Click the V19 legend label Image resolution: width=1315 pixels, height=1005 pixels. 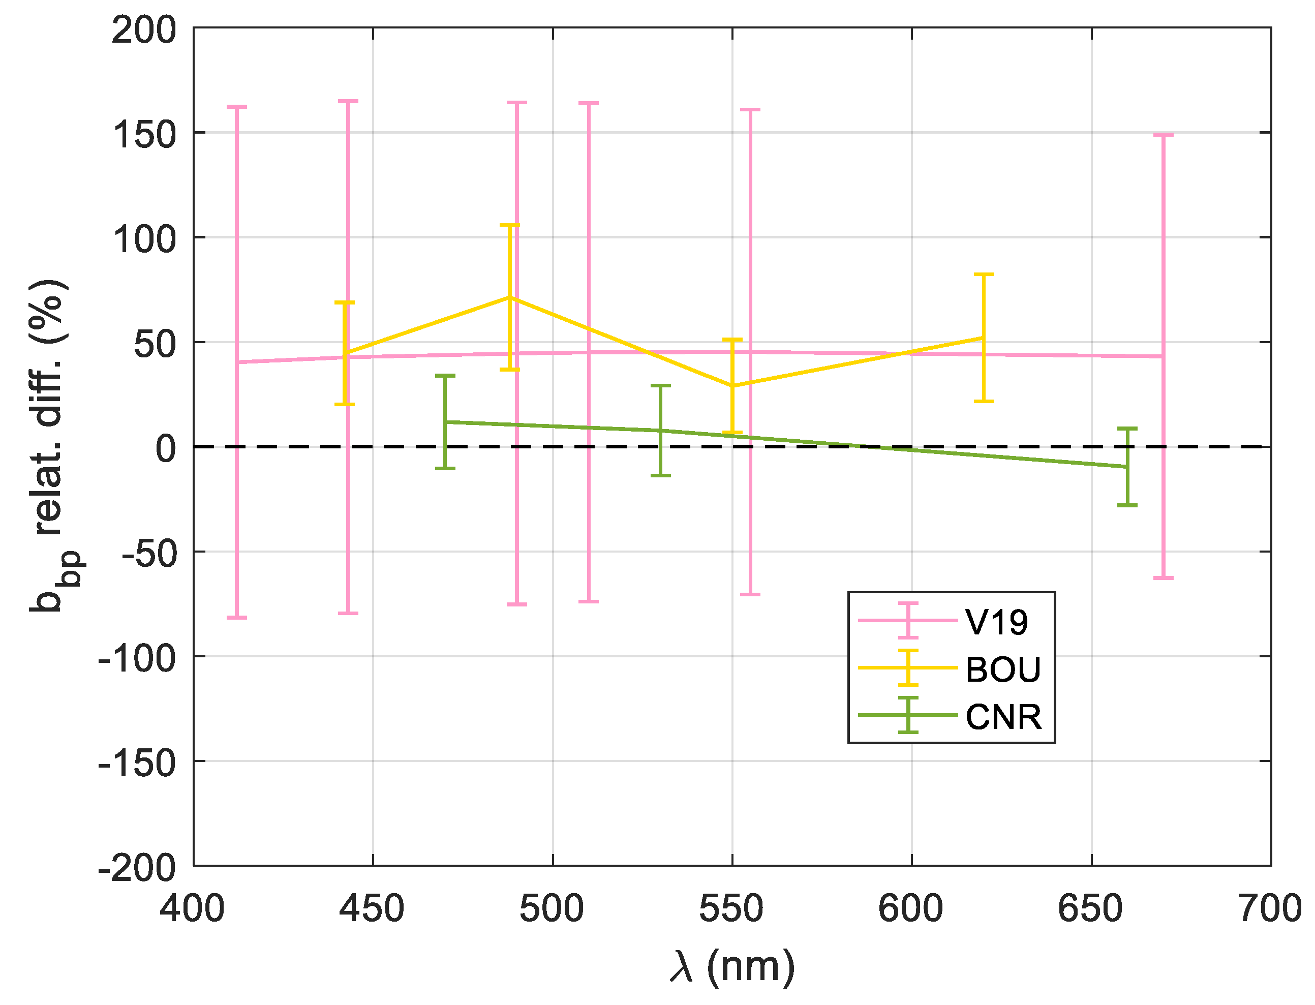point(997,622)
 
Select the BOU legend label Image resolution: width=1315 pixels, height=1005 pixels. point(1003,669)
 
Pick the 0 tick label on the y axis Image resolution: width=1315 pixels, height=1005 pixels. point(166,448)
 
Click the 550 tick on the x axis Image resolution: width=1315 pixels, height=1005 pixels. point(731,909)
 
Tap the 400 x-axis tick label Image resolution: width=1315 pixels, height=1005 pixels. point(193,909)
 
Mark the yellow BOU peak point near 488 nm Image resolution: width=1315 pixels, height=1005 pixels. point(509,297)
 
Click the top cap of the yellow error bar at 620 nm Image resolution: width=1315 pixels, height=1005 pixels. point(984,275)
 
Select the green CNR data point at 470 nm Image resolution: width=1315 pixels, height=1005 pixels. point(445,422)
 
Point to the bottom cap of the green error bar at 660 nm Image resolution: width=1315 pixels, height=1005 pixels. point(1127,505)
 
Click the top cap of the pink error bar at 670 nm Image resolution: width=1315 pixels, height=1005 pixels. point(1163,135)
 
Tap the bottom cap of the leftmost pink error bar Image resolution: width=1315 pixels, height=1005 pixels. point(237,617)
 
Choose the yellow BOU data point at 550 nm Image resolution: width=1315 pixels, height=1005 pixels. point(732,386)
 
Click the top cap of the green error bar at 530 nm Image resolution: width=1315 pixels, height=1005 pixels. point(660,386)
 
